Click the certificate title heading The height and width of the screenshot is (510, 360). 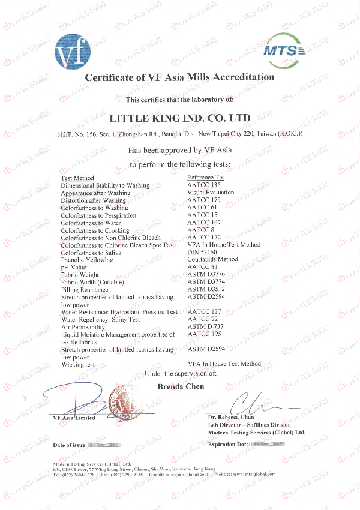click(179, 77)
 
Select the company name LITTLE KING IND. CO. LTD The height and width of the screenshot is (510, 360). click(181, 116)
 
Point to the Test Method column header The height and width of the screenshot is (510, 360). click(77, 178)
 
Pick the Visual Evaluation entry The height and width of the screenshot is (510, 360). click(211, 193)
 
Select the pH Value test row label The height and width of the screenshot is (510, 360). click(73, 268)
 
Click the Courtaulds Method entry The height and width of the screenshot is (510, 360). click(212, 260)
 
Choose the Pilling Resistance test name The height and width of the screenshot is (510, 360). click(86, 290)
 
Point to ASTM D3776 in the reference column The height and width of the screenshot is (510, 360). click(205, 275)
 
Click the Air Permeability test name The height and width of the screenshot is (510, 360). click(84, 327)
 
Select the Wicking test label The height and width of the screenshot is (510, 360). click(77, 364)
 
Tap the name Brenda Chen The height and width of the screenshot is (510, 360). click(181, 387)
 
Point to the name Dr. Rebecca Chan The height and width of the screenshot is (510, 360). click(231, 417)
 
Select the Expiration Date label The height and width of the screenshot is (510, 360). click(229, 445)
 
